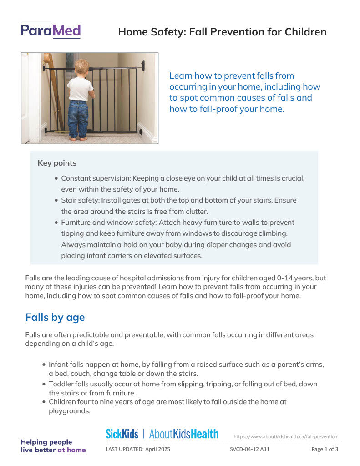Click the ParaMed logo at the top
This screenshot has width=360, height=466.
[51, 31]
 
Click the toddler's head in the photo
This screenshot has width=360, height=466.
[82, 67]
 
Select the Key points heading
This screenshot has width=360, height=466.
[57, 163]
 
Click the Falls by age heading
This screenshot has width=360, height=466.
[55, 317]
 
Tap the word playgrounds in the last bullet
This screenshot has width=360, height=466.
[70, 411]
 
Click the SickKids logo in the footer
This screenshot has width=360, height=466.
[122, 434]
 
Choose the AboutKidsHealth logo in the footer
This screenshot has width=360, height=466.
[184, 434]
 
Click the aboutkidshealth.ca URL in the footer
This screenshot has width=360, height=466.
[285, 436]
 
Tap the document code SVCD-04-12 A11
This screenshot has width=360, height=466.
[250, 449]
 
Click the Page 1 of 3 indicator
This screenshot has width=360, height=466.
[325, 449]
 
